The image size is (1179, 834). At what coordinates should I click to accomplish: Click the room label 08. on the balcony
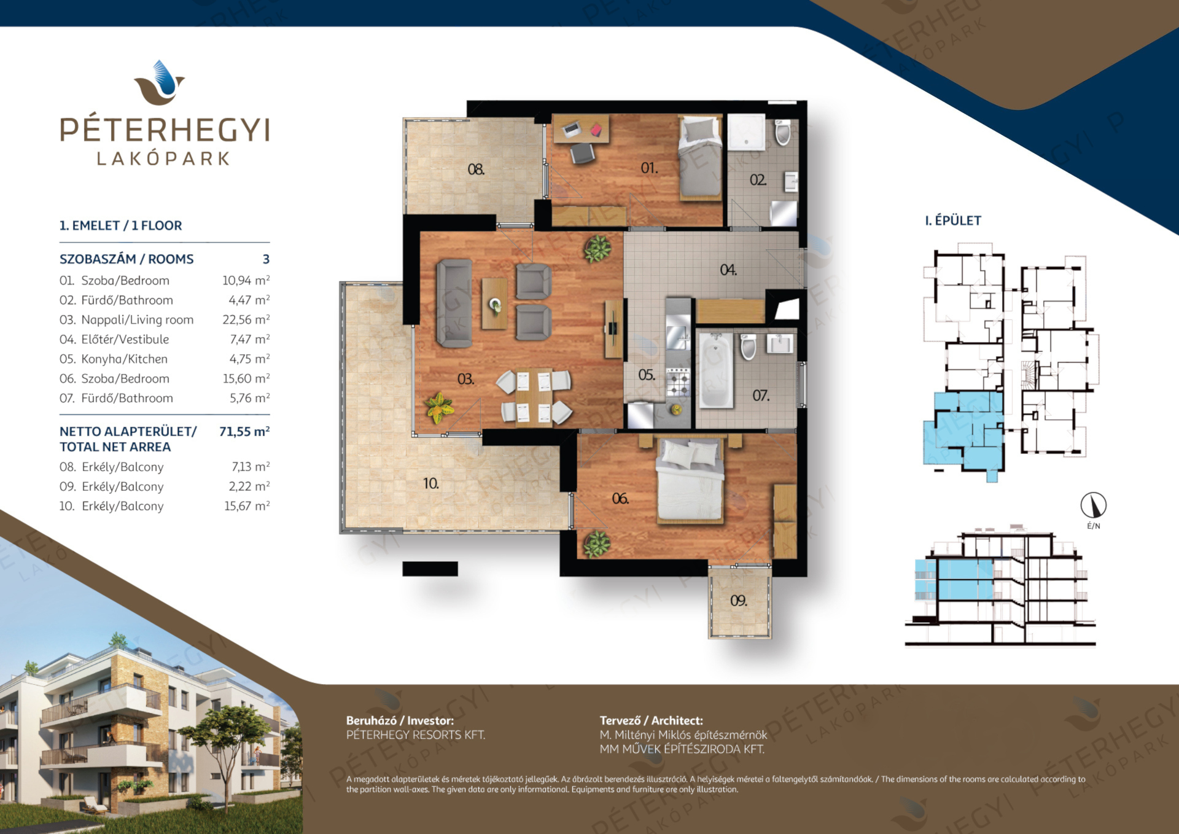pyautogui.click(x=476, y=169)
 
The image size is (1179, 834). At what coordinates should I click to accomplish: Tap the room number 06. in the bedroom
pyautogui.click(x=620, y=499)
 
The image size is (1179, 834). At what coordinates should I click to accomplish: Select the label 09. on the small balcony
pyautogui.click(x=739, y=601)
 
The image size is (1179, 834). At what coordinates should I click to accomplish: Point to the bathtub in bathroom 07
pyautogui.click(x=716, y=370)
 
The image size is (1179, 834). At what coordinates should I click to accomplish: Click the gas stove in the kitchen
pyautogui.click(x=678, y=382)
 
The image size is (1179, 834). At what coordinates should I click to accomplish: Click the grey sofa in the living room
pyautogui.click(x=454, y=303)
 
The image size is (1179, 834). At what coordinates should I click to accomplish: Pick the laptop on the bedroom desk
pyautogui.click(x=572, y=130)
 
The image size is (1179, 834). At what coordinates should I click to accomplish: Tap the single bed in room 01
pyautogui.click(x=700, y=158)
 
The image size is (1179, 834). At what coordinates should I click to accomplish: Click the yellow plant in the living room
pyautogui.click(x=439, y=408)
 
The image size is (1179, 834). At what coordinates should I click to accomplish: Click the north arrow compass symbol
pyautogui.click(x=1094, y=505)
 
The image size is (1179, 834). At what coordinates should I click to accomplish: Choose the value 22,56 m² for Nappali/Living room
pyautogui.click(x=246, y=319)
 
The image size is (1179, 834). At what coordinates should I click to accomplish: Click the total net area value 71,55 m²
pyautogui.click(x=244, y=431)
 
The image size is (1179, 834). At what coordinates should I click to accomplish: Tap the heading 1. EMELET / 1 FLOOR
pyautogui.click(x=121, y=225)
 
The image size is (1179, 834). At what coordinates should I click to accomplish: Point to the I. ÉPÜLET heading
pyautogui.click(x=953, y=220)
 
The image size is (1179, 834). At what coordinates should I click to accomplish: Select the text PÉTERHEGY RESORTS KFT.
pyautogui.click(x=416, y=735)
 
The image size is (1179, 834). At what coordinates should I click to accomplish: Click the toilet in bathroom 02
pyautogui.click(x=782, y=132)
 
